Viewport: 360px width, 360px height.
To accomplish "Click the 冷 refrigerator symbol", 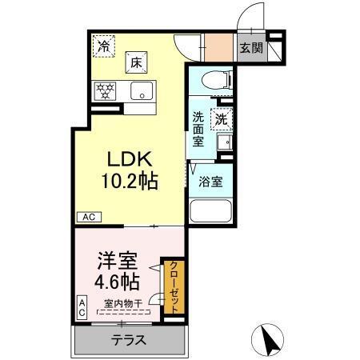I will point(104,47).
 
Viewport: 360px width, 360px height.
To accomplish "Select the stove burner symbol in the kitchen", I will point(105,90).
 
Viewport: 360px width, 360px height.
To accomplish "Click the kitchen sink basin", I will point(141,90).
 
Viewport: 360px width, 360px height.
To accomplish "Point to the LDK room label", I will point(127,158).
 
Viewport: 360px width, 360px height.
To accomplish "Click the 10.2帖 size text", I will point(127,180).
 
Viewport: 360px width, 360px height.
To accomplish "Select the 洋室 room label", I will point(118,260).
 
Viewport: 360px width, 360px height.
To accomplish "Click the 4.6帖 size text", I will point(118,281).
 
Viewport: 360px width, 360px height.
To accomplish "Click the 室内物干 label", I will point(123,304).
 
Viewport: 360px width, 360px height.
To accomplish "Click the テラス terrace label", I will point(127,340).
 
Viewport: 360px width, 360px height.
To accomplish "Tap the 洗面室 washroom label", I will point(198,128).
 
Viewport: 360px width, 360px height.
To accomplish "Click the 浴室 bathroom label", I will point(211,181).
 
